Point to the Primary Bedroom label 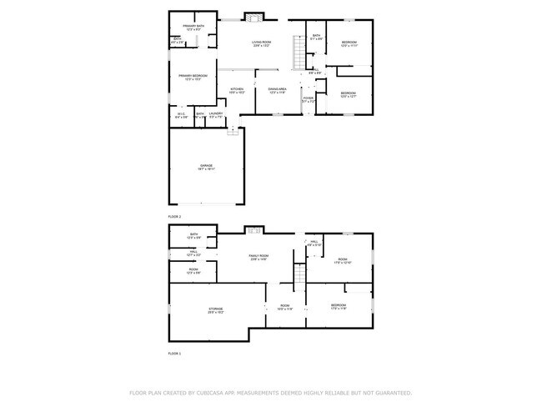click(x=193, y=77)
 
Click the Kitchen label click(x=237, y=91)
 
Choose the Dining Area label click(x=277, y=90)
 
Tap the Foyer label click(x=309, y=99)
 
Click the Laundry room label click(x=215, y=115)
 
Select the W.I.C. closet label click(x=181, y=116)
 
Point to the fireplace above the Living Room click(x=253, y=16)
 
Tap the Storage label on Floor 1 click(x=215, y=310)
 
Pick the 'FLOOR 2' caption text click(x=174, y=216)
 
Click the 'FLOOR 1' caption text click(x=174, y=354)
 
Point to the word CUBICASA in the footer click(x=213, y=392)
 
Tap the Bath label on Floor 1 click(x=193, y=236)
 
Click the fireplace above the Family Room click(x=253, y=229)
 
